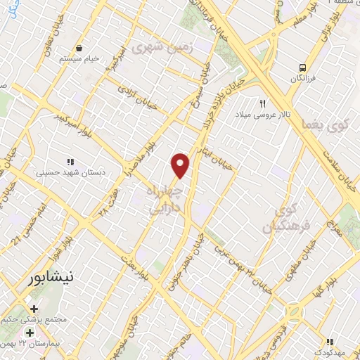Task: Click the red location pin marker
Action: (181, 165)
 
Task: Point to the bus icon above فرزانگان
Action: (302, 68)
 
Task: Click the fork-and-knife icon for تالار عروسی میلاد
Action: (262, 103)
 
